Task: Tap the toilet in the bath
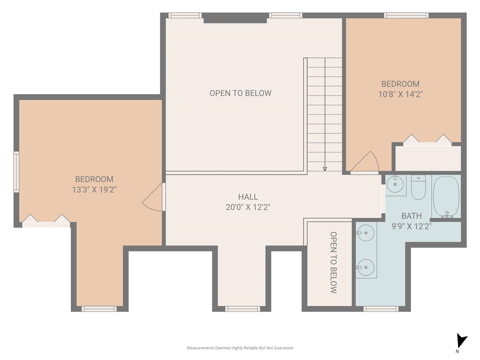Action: click(x=418, y=187)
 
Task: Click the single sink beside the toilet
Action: click(x=395, y=184)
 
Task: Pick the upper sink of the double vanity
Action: click(x=366, y=234)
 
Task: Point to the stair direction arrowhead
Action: click(x=325, y=169)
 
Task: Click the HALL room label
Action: click(x=248, y=197)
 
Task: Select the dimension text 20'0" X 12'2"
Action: click(x=248, y=207)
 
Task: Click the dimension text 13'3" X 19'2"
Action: click(x=94, y=190)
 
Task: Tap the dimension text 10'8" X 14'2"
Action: click(x=400, y=94)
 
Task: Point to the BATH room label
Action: click(x=411, y=216)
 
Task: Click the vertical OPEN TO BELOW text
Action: click(x=333, y=262)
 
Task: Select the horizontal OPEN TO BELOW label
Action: click(x=240, y=93)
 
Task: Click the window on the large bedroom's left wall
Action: click(x=16, y=172)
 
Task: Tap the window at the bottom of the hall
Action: click(x=242, y=309)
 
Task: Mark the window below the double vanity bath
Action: click(x=381, y=309)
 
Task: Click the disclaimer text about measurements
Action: click(x=240, y=348)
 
